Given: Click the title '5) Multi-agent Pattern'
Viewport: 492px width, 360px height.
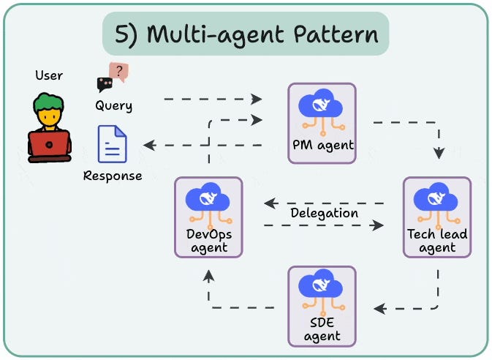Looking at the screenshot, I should [246, 34].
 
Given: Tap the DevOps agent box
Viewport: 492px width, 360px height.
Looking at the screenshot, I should [208, 217].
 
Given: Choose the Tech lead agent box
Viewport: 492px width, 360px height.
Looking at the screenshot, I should [437, 217].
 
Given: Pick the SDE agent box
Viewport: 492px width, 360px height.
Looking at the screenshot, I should [322, 305].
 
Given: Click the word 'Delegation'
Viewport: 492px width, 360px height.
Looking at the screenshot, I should [324, 213].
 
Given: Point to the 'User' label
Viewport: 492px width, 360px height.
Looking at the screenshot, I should [49, 75].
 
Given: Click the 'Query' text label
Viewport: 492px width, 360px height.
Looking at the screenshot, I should [114, 105].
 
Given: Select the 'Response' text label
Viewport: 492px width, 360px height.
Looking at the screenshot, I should [113, 176].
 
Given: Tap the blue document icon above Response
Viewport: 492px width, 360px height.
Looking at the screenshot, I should [113, 144].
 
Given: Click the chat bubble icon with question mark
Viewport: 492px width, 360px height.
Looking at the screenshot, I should [113, 76].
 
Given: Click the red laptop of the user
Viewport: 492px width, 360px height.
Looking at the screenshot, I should [50, 145].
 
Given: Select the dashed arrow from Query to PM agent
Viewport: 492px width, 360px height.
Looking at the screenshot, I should [212, 97].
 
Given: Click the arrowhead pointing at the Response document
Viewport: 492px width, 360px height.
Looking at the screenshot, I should [149, 145].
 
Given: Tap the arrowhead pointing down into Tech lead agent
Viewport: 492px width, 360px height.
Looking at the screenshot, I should [439, 154].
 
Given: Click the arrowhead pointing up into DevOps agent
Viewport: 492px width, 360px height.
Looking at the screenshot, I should [209, 274].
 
